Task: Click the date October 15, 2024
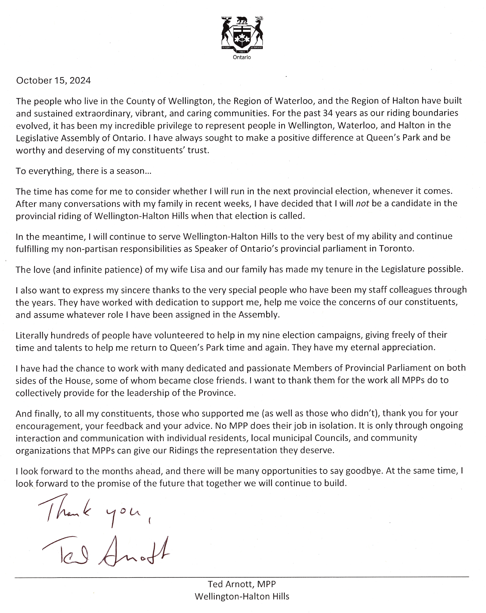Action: pyautogui.click(x=53, y=81)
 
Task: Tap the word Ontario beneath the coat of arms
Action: pyautogui.click(x=242, y=57)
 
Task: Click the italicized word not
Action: pyautogui.click(x=362, y=204)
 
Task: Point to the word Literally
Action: pyautogui.click(x=32, y=335)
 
